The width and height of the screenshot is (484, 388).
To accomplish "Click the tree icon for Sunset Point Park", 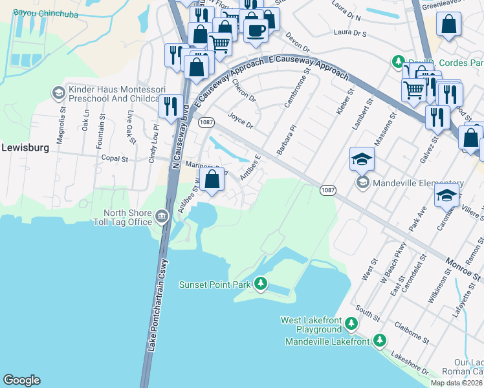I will [261, 283].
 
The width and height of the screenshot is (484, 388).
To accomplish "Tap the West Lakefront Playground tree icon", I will [351, 322].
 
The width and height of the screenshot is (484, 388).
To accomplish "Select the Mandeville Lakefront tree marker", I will [380, 340].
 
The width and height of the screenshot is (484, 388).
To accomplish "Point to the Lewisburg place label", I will [25, 147].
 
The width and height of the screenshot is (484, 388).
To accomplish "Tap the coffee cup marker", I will [256, 30].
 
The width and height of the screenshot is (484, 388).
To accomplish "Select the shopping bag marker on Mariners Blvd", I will [212, 180].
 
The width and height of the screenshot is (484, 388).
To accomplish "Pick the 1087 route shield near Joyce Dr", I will [206, 122].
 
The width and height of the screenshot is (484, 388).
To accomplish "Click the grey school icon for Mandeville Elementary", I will [362, 184].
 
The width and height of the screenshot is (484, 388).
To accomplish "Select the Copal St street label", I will [115, 158].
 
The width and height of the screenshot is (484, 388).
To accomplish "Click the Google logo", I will [21, 380].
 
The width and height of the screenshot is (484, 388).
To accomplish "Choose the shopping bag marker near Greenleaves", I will [448, 27].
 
